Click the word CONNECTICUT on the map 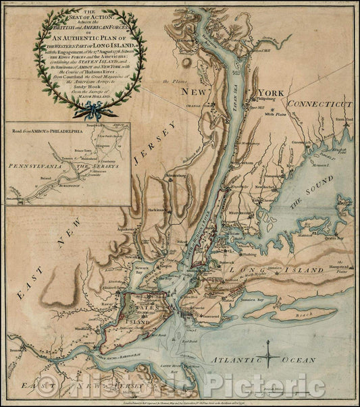pos(319,104)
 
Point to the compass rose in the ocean pos(269,351)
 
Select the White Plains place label pos(276,115)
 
